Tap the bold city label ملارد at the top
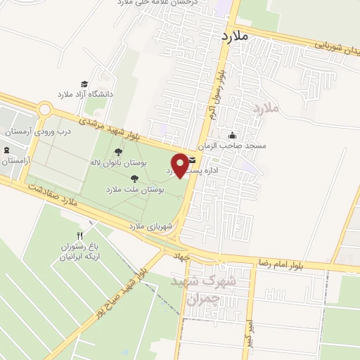(x=235, y=34)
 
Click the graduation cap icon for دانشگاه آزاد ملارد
(x=84, y=84)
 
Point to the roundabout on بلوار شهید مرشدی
(x=46, y=110)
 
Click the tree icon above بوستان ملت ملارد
(x=134, y=179)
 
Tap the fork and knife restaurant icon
(x=80, y=236)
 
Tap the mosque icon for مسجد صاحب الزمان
(x=232, y=136)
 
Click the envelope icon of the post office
(x=192, y=160)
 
